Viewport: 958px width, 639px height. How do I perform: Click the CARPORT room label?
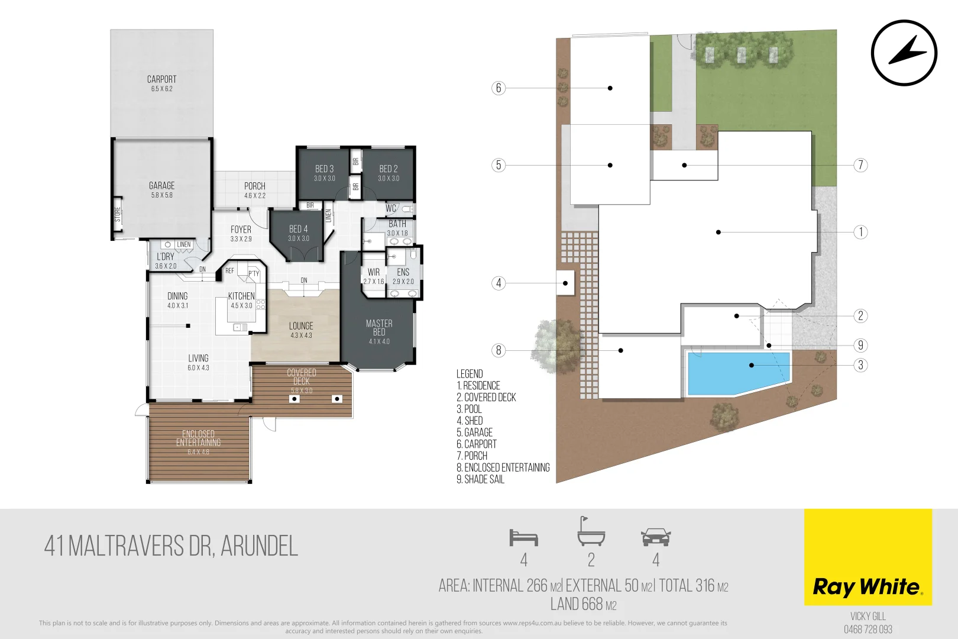pyautogui.click(x=161, y=79)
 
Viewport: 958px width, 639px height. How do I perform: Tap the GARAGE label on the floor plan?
pyautogui.click(x=161, y=186)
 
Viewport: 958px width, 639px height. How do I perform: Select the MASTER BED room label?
pyautogui.click(x=379, y=328)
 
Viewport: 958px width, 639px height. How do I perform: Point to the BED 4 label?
pyautogui.click(x=298, y=229)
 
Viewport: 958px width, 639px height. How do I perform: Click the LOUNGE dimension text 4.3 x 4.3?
pyautogui.click(x=301, y=335)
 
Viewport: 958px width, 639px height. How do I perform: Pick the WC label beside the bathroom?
pyautogui.click(x=391, y=208)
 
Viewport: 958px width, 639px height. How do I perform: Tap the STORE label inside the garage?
pyautogui.click(x=118, y=214)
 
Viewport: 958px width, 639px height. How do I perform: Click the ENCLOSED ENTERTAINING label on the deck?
pyautogui.click(x=198, y=438)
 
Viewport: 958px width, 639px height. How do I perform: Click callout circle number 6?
pyautogui.click(x=499, y=88)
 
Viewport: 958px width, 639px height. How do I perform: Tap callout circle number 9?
pyautogui.click(x=860, y=345)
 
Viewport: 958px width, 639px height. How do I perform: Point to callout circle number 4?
pyautogui.click(x=499, y=283)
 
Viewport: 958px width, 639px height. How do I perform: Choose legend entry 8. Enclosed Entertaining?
pyautogui.click(x=503, y=467)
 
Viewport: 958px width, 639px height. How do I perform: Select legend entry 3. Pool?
pyautogui.click(x=469, y=409)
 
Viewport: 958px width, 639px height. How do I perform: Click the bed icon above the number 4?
pyautogui.click(x=523, y=538)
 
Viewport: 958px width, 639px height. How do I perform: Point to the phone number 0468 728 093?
pyautogui.click(x=868, y=630)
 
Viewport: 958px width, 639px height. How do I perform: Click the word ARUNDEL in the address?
pyautogui.click(x=259, y=546)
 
